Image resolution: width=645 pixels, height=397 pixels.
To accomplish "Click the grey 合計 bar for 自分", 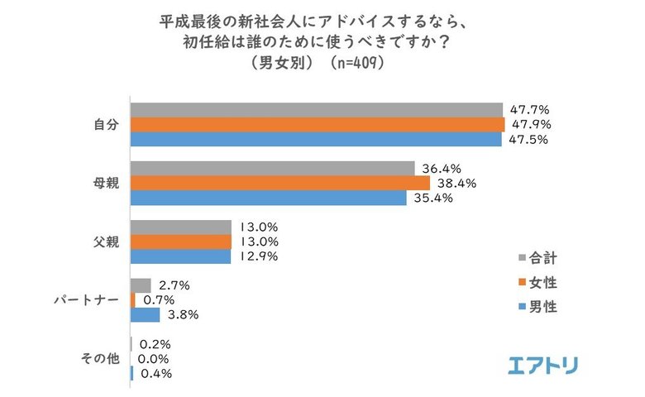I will (x=317, y=109).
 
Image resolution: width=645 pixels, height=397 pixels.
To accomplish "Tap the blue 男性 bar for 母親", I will (x=269, y=198).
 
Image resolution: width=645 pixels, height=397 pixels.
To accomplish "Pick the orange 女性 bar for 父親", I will (x=181, y=242).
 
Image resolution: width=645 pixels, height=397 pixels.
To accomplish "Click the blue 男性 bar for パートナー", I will (x=146, y=314).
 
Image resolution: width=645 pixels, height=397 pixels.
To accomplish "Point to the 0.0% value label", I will (x=155, y=359).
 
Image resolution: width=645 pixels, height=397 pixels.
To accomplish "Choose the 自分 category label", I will (x=106, y=124).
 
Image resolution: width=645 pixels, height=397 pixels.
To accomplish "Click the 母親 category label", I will (x=106, y=184).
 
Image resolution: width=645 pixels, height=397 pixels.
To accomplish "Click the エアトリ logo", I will (x=542, y=365).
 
